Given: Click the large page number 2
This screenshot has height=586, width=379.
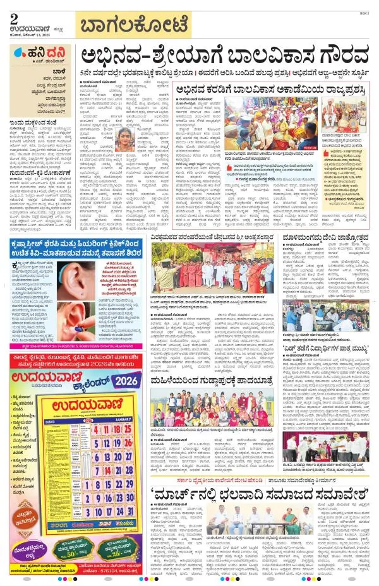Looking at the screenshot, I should click(15, 19).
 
